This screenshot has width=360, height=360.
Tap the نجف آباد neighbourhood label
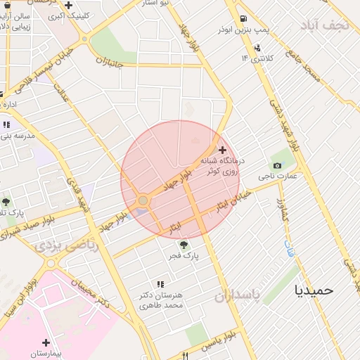pyautogui.click(x=324, y=25)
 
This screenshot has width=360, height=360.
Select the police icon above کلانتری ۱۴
pyautogui.click(x=258, y=48)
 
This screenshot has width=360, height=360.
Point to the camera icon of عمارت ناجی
pyautogui.click(x=277, y=166)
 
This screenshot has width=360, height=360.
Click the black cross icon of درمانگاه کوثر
pyautogui.click(x=223, y=150)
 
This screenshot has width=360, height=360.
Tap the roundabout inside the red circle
pyautogui.click(x=143, y=201)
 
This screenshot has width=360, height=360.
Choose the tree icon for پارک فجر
pyautogui.click(x=184, y=245)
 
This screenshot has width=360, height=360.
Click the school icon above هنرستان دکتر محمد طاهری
pyautogui.click(x=160, y=284)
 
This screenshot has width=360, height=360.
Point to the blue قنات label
pyautogui.click(x=289, y=248)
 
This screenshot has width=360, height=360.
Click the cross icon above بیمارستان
pyautogui.click(x=46, y=342)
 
